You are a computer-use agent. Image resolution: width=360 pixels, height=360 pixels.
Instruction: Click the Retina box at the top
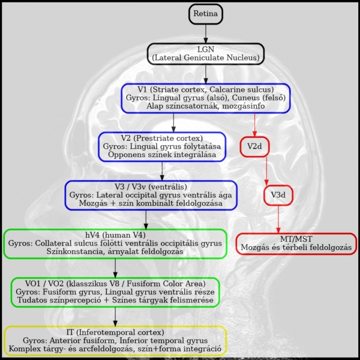[205, 13]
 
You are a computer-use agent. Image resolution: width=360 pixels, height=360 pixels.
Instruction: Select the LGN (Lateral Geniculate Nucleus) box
[206, 53]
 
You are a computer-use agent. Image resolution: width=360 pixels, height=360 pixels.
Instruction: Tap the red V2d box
[255, 146]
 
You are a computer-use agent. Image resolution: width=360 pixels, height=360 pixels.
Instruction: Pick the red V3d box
[278, 195]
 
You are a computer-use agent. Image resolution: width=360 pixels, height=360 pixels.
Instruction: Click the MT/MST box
[296, 242]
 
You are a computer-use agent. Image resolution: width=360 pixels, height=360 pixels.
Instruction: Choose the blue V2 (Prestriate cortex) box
[162, 146]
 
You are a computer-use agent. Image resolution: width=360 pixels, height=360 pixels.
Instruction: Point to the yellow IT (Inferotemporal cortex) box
[115, 340]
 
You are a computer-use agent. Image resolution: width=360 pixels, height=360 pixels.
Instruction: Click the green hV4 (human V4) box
[115, 244]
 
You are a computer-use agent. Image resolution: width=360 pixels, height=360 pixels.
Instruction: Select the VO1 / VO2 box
[115, 292]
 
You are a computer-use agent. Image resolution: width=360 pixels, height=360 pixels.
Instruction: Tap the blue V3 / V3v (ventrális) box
[151, 195]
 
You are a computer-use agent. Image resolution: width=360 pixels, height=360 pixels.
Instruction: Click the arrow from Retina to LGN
[206, 34]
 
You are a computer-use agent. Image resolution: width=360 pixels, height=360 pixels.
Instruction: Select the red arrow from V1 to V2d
[255, 124]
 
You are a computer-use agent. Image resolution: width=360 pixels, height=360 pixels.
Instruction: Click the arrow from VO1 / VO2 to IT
[115, 316]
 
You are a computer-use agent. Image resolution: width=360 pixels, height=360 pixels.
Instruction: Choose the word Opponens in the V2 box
[128, 155]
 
